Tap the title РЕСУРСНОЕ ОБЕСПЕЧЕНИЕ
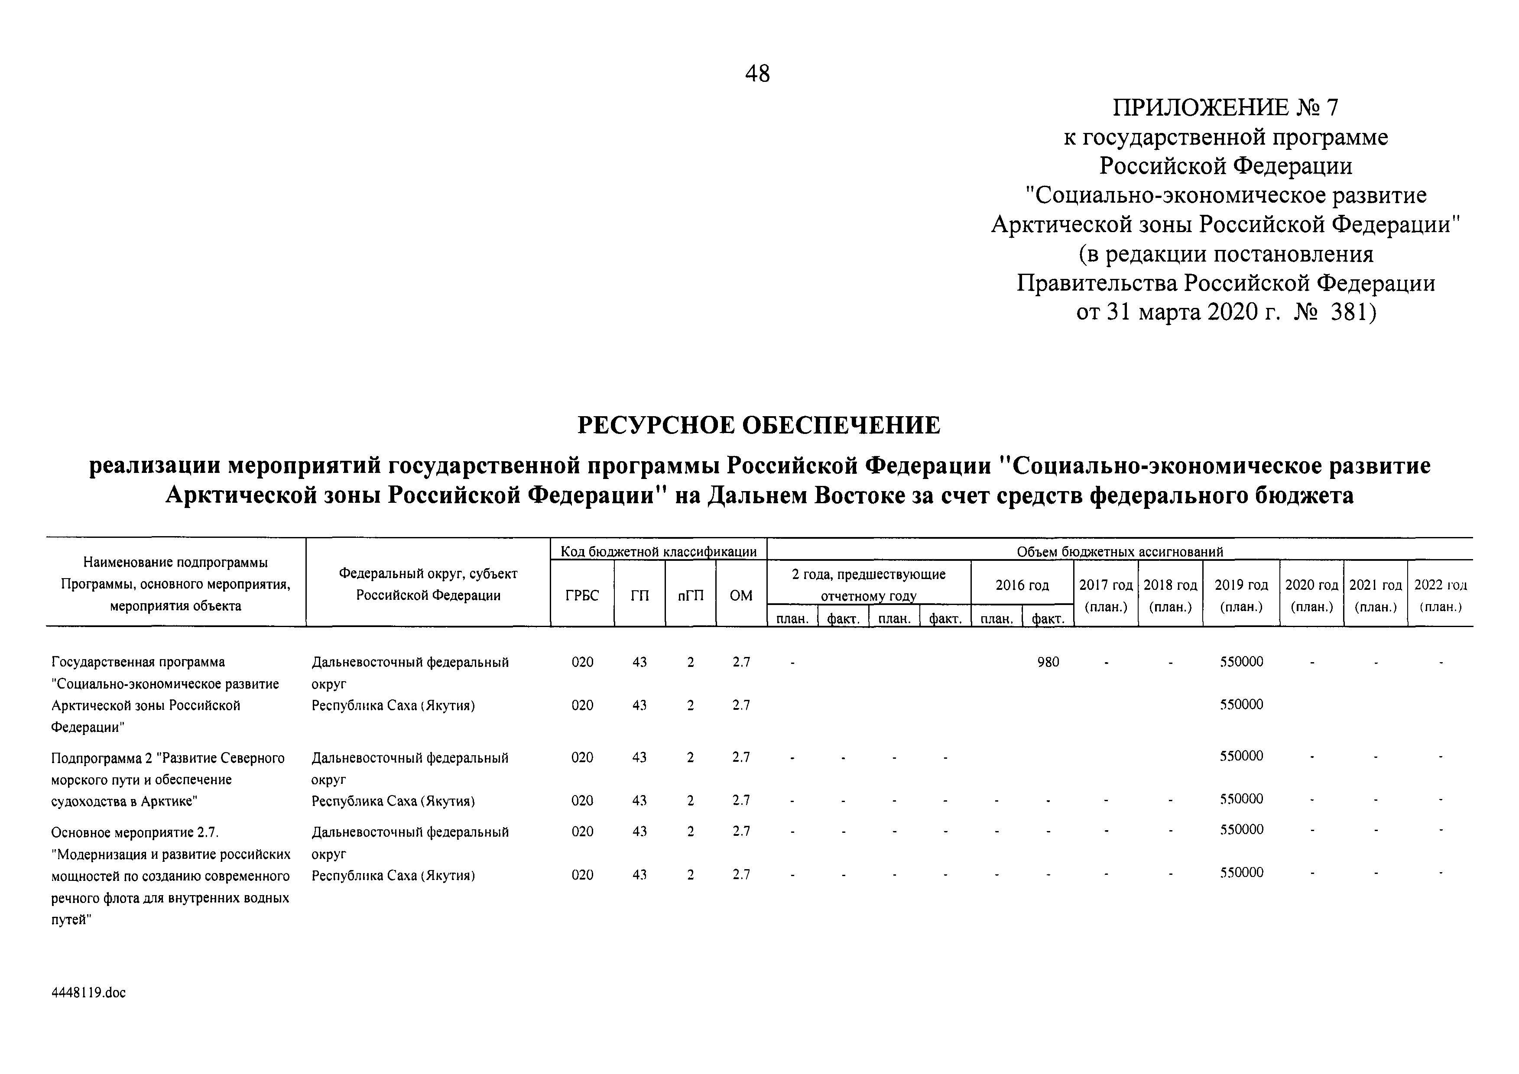coord(759,424)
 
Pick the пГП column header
coord(690,595)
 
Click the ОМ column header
coord(740,595)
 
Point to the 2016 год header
coord(1022,585)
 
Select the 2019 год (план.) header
coord(1241,595)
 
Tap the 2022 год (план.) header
coord(1440,595)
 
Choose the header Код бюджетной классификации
coord(658,551)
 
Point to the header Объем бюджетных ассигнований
coord(1120,551)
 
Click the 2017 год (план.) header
coord(1106,595)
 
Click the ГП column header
coord(639,595)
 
